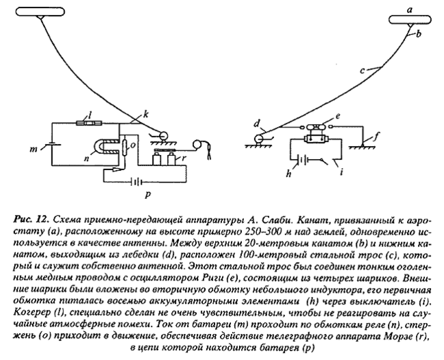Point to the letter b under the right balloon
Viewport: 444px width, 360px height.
(x=420, y=32)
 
